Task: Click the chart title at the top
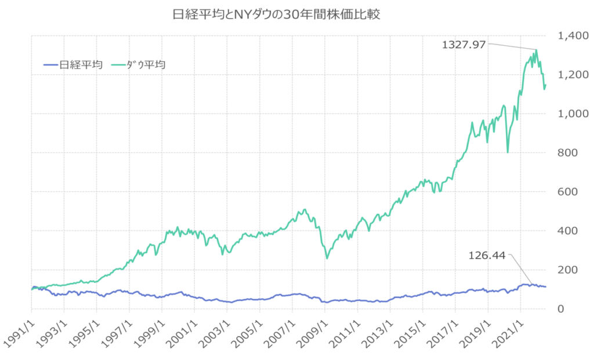coord(277,14)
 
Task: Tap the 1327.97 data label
coord(463,44)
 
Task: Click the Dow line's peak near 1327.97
coord(537,50)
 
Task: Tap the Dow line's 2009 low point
coord(327,258)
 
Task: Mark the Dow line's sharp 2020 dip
coord(508,152)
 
